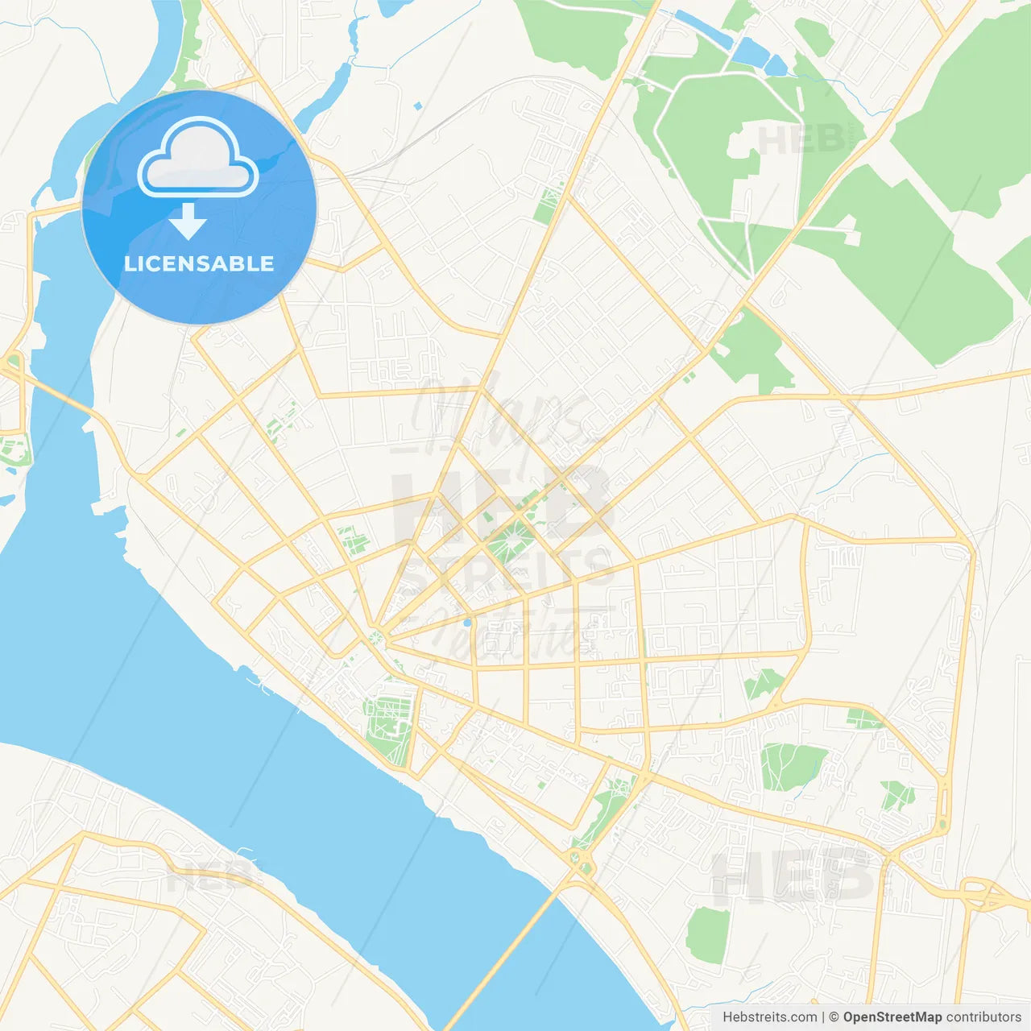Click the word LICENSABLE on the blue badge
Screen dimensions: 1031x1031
pyautogui.click(x=199, y=264)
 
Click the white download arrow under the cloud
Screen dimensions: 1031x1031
pyautogui.click(x=188, y=222)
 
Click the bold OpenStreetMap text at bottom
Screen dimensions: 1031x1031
pyautogui.click(x=892, y=1017)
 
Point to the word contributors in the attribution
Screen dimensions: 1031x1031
pyautogui.click(x=983, y=1017)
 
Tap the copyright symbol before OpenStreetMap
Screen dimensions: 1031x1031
pyautogui.click(x=834, y=1017)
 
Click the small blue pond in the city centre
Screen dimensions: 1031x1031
pyautogui.click(x=466, y=623)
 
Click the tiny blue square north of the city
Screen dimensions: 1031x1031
pyautogui.click(x=417, y=106)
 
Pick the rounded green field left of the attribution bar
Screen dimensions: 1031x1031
pyautogui.click(x=708, y=934)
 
